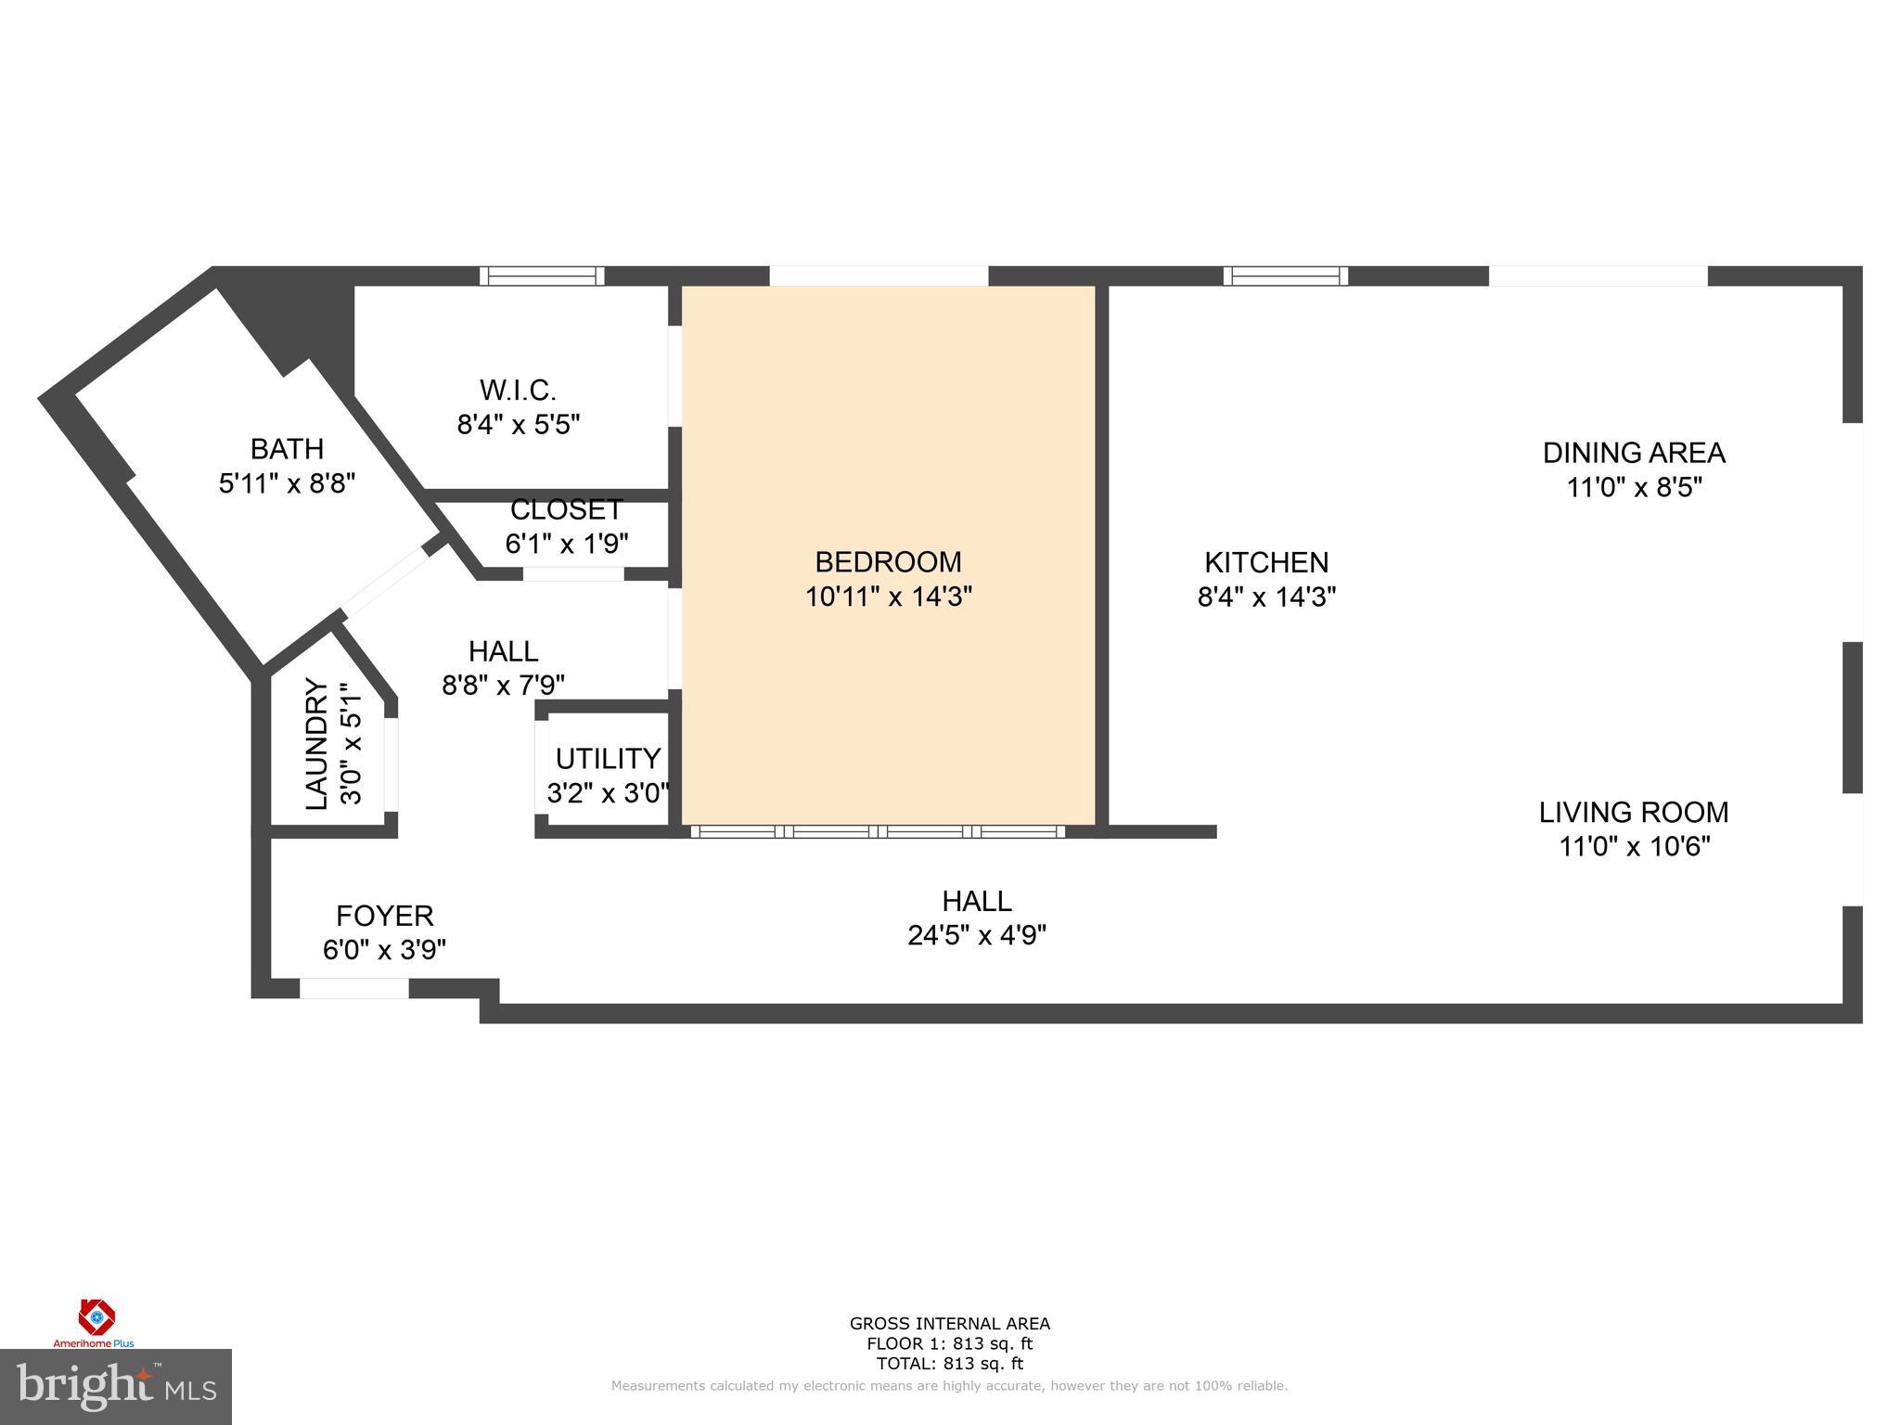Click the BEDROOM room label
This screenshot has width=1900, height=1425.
(888, 562)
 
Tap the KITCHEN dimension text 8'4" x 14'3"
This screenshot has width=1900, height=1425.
(1266, 597)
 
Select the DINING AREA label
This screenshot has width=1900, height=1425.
(1634, 453)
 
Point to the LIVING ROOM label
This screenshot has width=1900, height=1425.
(1634, 813)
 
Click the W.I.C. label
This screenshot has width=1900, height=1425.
(518, 390)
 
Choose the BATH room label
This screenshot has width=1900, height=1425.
(287, 449)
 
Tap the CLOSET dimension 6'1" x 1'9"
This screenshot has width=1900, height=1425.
(567, 544)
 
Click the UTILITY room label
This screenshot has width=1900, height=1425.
(608, 759)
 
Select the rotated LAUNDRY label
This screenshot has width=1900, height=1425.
(317, 745)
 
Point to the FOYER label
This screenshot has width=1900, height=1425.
(384, 916)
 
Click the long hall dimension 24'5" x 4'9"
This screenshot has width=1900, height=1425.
(977, 935)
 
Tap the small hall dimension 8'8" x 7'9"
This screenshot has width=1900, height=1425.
(503, 685)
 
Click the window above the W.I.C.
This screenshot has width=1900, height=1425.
(542, 276)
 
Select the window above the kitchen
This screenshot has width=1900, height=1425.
(1285, 276)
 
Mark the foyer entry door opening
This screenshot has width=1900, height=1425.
(353, 989)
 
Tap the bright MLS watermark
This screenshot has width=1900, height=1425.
(115, 1387)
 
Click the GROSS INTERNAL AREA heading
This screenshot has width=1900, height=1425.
(949, 1324)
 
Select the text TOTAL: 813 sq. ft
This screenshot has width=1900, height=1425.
(949, 1364)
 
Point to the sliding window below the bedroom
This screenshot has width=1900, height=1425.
(878, 831)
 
